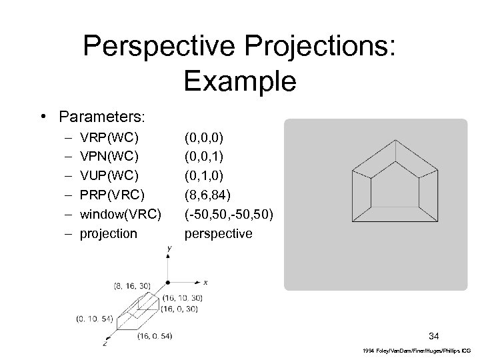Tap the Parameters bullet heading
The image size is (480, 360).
[x=101, y=117]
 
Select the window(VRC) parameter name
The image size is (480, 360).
[x=119, y=214]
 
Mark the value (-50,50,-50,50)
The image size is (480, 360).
[x=229, y=214]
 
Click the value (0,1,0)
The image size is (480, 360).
[x=203, y=176]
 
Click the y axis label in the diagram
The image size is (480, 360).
[x=169, y=248]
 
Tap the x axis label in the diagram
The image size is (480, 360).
[x=205, y=282]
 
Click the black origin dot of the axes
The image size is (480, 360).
[x=169, y=282]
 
